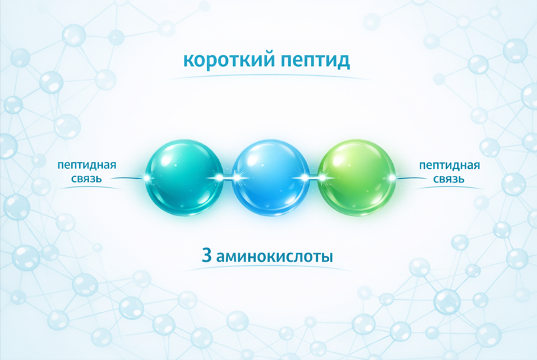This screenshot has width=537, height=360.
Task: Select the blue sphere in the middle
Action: (x=269, y=177)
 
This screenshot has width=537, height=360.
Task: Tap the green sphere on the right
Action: (x=356, y=177)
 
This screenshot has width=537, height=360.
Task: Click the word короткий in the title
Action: (x=227, y=61)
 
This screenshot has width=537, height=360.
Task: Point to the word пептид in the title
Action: (x=315, y=61)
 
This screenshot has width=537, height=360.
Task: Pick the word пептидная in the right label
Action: (x=449, y=165)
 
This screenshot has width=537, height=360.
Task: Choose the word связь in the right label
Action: (x=449, y=178)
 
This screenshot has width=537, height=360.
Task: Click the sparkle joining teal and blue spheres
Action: (x=227, y=177)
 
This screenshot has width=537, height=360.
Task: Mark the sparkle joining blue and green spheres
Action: (x=313, y=177)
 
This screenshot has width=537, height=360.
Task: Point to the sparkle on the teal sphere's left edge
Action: (x=145, y=177)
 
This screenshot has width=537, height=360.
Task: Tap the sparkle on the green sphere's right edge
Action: (x=392, y=177)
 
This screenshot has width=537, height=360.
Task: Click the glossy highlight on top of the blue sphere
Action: (x=262, y=155)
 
